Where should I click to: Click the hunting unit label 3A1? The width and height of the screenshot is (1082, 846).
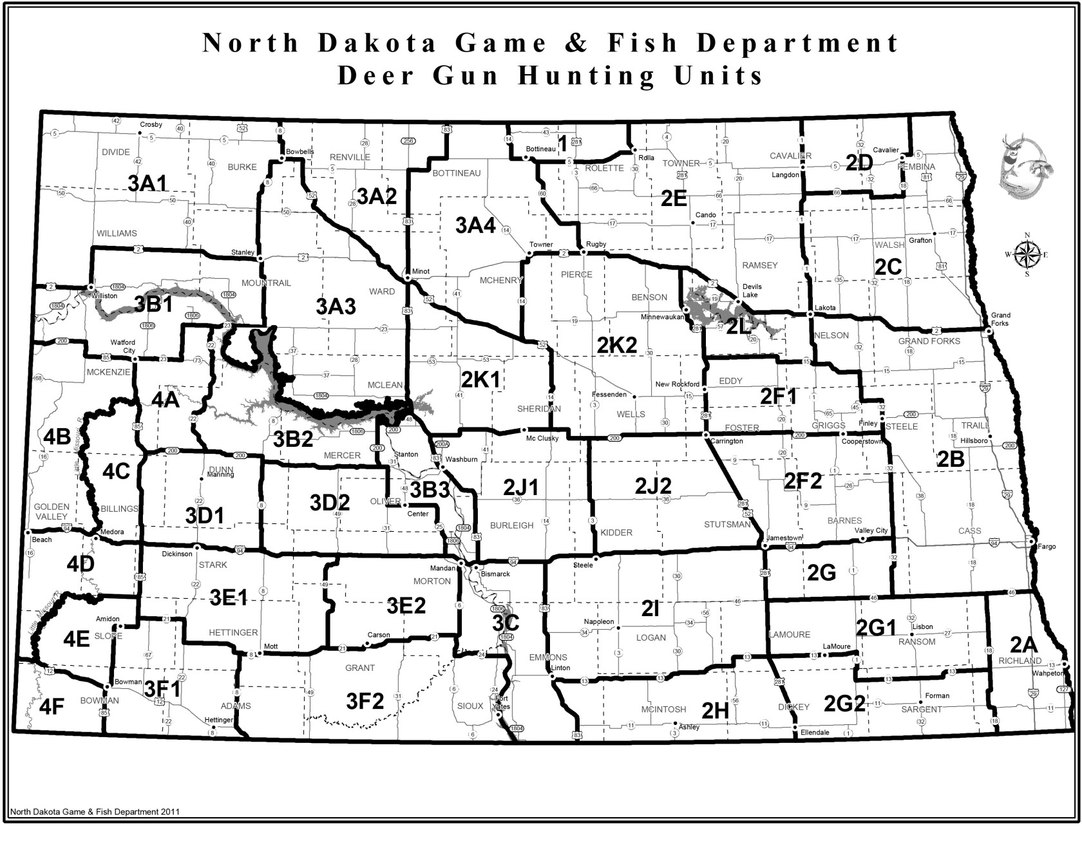(147, 183)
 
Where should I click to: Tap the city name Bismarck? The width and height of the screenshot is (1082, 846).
(495, 574)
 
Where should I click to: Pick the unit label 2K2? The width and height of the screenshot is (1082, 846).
(616, 344)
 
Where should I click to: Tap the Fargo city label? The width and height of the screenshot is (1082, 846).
(1047, 547)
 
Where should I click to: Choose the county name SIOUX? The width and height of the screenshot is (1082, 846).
(470, 706)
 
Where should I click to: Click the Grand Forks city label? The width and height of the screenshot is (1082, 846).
(1000, 319)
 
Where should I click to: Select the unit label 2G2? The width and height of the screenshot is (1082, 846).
(844, 703)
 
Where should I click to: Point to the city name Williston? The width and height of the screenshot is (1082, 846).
(105, 296)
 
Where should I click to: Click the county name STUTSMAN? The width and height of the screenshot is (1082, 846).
(727, 525)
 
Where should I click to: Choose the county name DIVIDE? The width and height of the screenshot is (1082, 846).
(116, 153)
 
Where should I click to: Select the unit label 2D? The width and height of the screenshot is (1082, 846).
(859, 163)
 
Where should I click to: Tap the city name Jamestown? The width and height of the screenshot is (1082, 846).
(784, 538)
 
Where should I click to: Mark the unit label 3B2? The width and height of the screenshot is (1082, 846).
(293, 439)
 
